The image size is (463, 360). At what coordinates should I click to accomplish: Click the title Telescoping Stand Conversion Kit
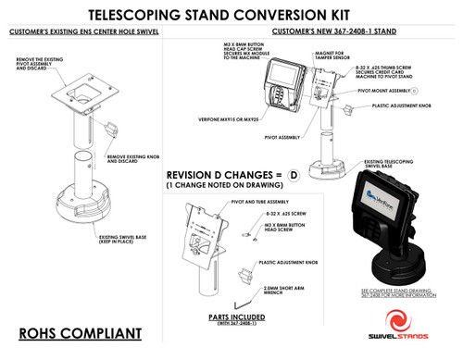pos(231,16)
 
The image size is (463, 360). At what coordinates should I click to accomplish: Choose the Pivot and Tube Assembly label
pos(262,201)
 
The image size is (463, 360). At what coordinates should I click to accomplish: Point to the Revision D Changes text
pos(222,175)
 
